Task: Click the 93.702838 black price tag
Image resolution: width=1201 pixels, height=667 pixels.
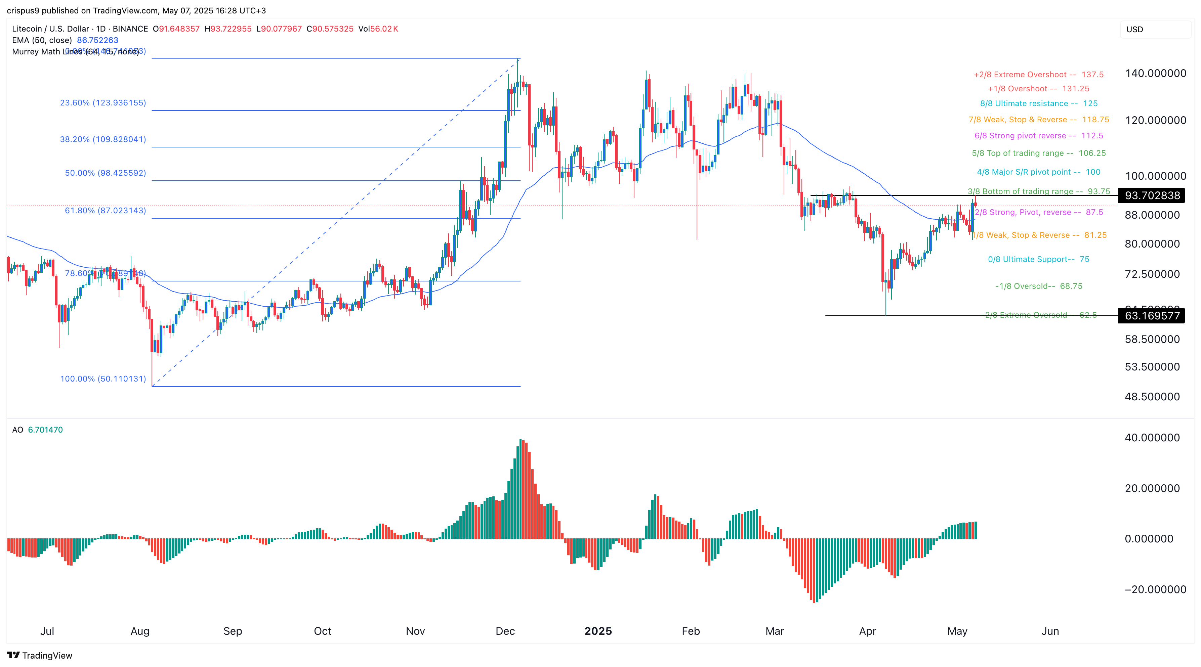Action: coord(1152,195)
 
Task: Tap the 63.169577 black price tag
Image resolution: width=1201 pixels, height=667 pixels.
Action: coord(1152,316)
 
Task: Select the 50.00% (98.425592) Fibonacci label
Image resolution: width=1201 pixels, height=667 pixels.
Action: coord(106,173)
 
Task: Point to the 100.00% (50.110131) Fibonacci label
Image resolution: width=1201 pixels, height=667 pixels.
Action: coord(103,379)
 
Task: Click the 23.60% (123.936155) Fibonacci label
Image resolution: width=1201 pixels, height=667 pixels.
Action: coord(103,102)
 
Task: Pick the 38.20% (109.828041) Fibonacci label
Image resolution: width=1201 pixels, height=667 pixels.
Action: coord(103,139)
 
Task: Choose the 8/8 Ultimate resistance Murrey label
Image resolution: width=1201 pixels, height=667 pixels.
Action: coord(1039,103)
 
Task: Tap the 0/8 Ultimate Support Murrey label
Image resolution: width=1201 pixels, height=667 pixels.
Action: coord(1039,259)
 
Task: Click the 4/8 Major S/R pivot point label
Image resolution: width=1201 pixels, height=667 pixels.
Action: coord(1039,172)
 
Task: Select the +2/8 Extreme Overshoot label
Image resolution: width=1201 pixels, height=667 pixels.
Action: coord(1039,75)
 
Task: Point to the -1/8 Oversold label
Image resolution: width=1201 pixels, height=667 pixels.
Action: coord(1039,286)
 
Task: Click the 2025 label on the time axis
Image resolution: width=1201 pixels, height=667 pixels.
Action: coord(598,631)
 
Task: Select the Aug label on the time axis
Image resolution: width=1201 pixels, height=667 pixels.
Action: coord(140,631)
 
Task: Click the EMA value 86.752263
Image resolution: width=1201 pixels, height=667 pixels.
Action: coord(97,40)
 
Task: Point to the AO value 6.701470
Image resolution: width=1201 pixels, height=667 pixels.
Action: coord(45,430)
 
